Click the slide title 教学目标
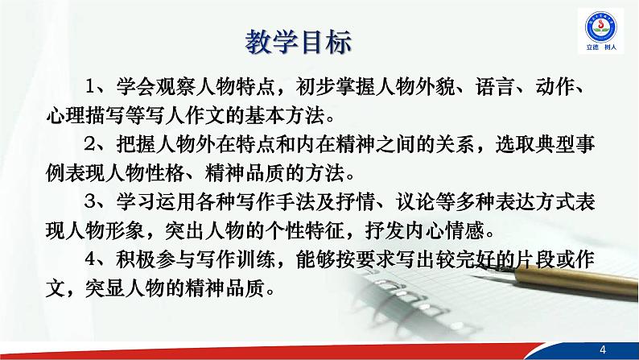298,43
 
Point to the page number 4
604,347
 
